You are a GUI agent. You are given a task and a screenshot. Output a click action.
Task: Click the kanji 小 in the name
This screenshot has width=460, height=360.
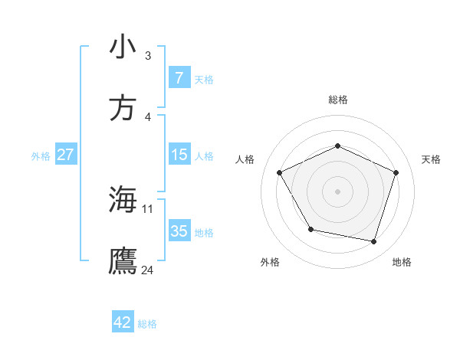pos(123,47)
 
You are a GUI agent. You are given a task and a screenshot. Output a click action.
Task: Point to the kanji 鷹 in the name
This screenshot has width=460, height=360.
pos(123,260)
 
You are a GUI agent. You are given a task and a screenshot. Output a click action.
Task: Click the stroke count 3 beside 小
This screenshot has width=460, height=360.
pos(147,56)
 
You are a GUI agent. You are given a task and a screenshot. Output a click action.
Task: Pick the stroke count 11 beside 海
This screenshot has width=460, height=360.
pos(148,208)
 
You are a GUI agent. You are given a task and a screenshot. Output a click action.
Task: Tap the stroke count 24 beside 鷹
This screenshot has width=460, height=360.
pos(148,270)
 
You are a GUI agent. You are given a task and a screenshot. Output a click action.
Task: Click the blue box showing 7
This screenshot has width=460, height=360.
pos(179,78)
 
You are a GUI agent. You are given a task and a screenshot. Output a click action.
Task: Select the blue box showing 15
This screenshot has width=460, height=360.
pos(179,155)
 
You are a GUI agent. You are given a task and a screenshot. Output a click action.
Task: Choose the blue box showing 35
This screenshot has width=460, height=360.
pos(179,231)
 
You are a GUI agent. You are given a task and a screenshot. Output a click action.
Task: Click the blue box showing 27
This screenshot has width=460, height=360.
pos(65,155)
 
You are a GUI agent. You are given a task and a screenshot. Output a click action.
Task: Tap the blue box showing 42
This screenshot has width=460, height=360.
pos(123,322)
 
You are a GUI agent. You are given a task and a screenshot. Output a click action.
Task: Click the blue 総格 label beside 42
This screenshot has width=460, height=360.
pos(147,324)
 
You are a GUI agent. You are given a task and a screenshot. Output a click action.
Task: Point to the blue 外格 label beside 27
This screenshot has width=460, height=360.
pos(41,156)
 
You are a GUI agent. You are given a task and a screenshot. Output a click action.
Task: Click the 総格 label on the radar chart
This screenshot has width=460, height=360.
pos(338,100)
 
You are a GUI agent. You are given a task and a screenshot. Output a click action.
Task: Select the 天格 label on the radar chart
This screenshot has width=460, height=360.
pos(431,159)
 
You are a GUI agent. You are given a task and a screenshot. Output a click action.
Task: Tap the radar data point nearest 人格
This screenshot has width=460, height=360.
pos(280,172)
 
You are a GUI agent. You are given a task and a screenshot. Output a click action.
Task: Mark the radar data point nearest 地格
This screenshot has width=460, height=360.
pos(373,241)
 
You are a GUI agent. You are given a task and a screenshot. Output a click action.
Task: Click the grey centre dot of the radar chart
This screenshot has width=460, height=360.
pos(338,191)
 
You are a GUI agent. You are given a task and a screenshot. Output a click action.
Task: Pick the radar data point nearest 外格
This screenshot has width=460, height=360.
pos(310,229)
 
